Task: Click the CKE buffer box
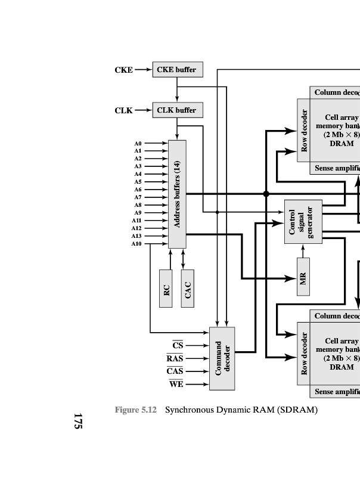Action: pos(176,70)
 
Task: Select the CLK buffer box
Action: pos(176,110)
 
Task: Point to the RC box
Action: pos(166,289)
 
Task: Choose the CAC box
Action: pos(188,289)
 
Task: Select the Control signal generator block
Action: pos(303,221)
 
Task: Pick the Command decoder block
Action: pos(222,358)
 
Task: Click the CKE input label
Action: pos(123,70)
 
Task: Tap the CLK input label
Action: pos(123,110)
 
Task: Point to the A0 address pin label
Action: pos(138,144)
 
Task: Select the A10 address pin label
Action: pos(136,243)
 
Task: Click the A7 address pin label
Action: pos(138,197)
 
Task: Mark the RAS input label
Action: pos(175,358)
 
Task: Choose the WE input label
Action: pos(176,384)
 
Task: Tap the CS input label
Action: pos(178,345)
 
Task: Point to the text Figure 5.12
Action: pos(135,410)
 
